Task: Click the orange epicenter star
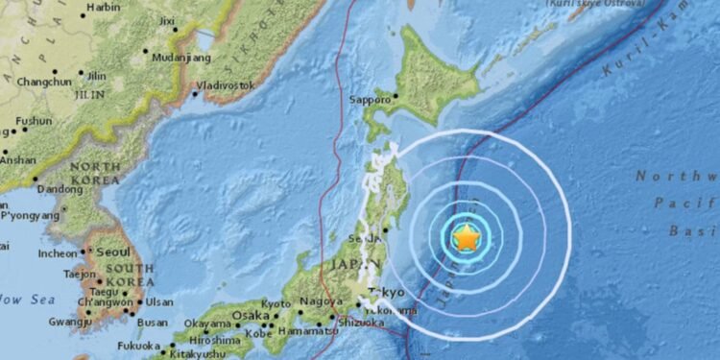(466, 237)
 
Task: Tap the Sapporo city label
(372, 99)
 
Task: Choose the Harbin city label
(103, 8)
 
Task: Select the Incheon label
(57, 253)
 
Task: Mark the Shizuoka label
(368, 323)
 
